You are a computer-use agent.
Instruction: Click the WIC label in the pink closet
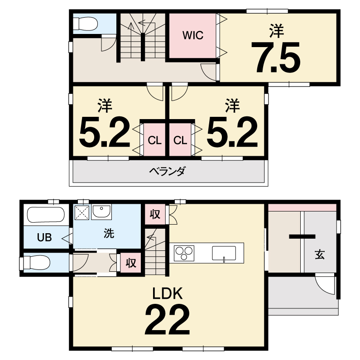pos(193,35)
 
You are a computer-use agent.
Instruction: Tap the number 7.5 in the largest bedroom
pos(275,58)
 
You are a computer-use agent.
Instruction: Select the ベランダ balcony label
pos(167,171)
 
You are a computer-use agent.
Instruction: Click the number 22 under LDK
pos(168,319)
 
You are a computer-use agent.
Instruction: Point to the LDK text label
pos(168,293)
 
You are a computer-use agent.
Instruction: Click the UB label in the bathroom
pos(44,237)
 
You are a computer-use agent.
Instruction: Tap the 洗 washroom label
pos(109,233)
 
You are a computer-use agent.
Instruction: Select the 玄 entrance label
pos(320,254)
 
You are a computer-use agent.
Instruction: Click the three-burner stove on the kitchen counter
pos(184,253)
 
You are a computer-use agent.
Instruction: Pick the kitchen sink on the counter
pos(224,254)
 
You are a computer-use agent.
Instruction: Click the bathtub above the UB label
pos(46,215)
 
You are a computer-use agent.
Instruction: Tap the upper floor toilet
pos(86,24)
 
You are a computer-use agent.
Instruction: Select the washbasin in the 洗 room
pos(101,212)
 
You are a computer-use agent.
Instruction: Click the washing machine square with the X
pos(82,212)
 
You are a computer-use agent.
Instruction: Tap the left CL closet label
pos(154,140)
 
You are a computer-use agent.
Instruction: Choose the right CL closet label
pos(180,140)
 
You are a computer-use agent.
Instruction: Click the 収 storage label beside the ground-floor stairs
pos(131,263)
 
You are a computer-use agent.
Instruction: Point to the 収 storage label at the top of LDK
pos(155,214)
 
